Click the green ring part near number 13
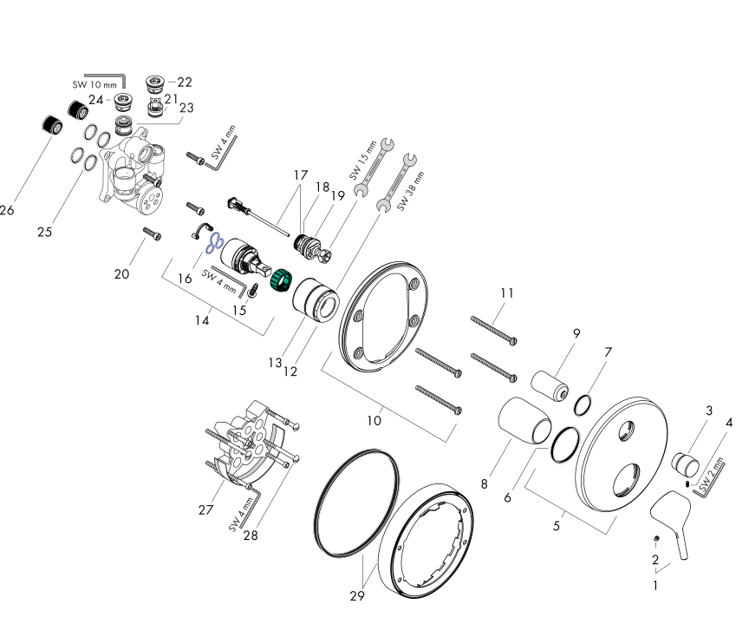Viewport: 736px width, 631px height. [281, 282]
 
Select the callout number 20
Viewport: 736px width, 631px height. [121, 274]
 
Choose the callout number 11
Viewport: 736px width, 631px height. [506, 293]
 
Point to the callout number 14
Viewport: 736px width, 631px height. [202, 319]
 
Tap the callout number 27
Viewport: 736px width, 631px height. [205, 509]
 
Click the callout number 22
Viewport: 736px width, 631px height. [185, 82]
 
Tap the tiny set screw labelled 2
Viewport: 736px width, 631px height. [656, 539]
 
